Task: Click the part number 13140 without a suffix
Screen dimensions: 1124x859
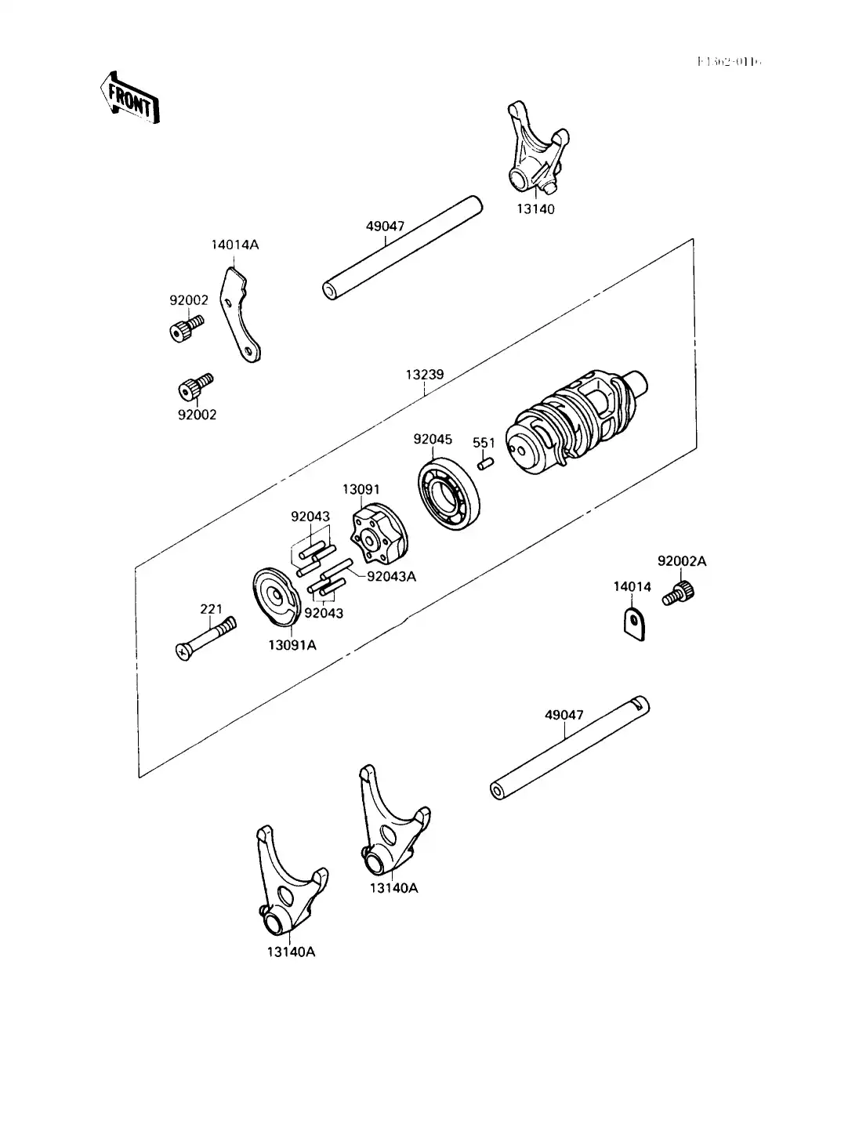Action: click(535, 209)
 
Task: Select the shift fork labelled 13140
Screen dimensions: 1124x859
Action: click(532, 150)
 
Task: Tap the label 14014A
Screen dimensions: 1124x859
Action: click(234, 245)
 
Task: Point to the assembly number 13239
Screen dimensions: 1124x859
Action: click(425, 375)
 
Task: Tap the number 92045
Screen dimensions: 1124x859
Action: click(433, 440)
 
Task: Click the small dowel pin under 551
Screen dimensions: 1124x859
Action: click(484, 464)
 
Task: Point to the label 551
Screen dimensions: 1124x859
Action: click(484, 444)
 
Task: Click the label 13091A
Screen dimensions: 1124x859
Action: click(293, 645)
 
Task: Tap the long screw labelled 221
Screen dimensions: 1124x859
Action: click(205, 637)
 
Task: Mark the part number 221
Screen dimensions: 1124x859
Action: click(211, 609)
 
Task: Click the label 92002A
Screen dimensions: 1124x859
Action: click(682, 561)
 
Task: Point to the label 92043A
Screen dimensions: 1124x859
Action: click(391, 576)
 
